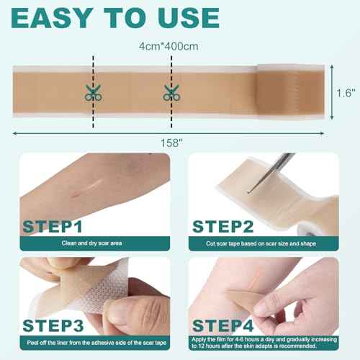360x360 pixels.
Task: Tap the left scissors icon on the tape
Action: (x=92, y=91)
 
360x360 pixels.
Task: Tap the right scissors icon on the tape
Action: (x=171, y=91)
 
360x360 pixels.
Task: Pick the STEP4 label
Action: (x=225, y=317)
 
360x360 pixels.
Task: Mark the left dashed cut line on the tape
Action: (x=92, y=72)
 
